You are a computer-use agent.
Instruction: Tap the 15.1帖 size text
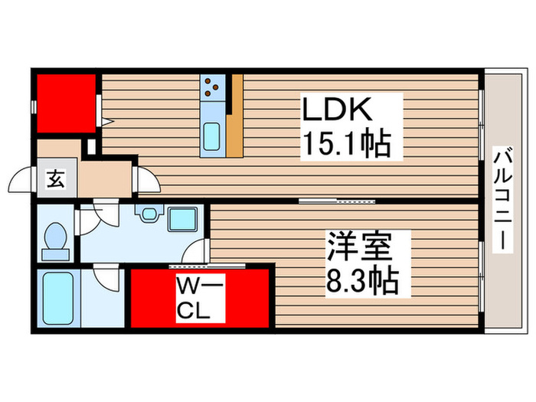pos(350,143)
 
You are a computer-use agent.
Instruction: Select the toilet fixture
pos(55,240)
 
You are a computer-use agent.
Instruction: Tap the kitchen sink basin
pos(211,136)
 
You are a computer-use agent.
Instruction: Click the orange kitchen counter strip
pos(235,115)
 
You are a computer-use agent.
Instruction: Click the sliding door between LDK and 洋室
pos(337,201)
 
